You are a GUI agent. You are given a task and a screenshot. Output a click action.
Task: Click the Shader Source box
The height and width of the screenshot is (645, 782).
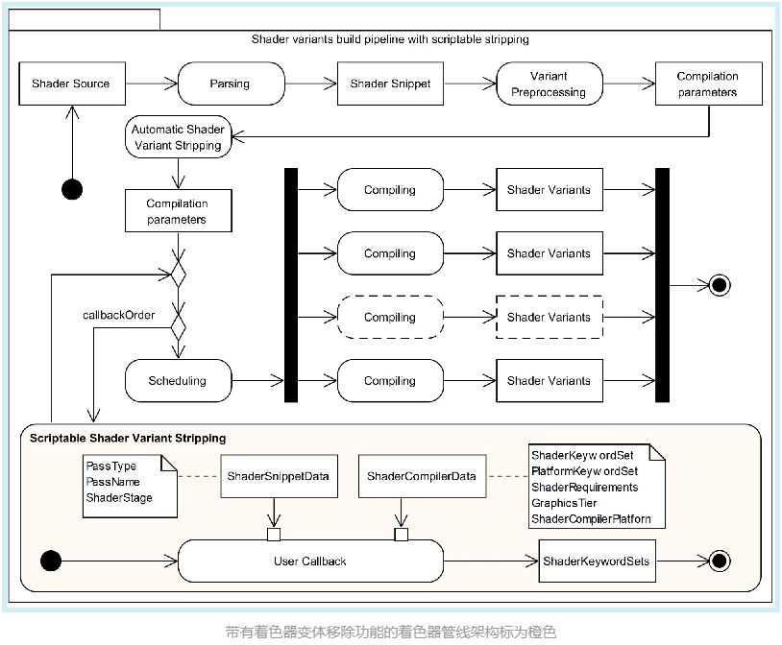(72, 84)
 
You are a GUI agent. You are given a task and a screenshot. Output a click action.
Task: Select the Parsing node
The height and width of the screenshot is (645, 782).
(231, 84)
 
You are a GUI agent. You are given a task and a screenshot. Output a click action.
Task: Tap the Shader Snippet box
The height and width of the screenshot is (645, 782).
(390, 84)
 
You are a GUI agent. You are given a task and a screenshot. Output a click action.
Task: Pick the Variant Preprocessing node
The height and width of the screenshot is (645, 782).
(550, 84)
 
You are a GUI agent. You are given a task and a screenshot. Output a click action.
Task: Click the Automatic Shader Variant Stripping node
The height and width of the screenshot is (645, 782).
(178, 137)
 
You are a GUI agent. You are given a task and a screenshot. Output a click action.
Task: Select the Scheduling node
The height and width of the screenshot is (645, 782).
(178, 381)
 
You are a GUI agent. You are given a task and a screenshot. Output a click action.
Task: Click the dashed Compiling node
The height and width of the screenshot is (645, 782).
(390, 317)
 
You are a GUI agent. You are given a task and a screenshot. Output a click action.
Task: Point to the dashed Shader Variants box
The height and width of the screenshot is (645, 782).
(550, 317)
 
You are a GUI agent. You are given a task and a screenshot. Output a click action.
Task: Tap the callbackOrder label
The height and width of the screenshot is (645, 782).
(119, 315)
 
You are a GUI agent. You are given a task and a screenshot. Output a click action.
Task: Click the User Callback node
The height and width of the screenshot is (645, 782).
(310, 561)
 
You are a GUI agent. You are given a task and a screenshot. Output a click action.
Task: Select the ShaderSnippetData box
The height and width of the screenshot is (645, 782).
(279, 476)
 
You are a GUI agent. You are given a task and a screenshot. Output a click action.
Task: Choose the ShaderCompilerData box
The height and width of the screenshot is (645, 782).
(422, 476)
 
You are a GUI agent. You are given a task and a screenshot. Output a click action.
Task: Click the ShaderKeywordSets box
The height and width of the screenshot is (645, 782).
(597, 561)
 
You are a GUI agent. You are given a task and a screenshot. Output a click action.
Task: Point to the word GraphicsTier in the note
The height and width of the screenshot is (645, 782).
(564, 503)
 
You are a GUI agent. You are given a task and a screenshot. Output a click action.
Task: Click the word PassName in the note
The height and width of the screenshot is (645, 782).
(112, 482)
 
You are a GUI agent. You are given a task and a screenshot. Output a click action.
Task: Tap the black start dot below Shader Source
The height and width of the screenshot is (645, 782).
(72, 189)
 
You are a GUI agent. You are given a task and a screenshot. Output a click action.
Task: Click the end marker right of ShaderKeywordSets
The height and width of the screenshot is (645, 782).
(720, 561)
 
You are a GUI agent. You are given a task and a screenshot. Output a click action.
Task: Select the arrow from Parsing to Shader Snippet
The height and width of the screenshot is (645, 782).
(310, 84)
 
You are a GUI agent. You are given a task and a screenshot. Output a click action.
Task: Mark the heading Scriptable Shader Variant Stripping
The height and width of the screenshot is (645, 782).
(128, 438)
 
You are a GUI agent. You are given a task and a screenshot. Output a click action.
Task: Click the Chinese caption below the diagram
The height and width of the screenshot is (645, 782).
(390, 632)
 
